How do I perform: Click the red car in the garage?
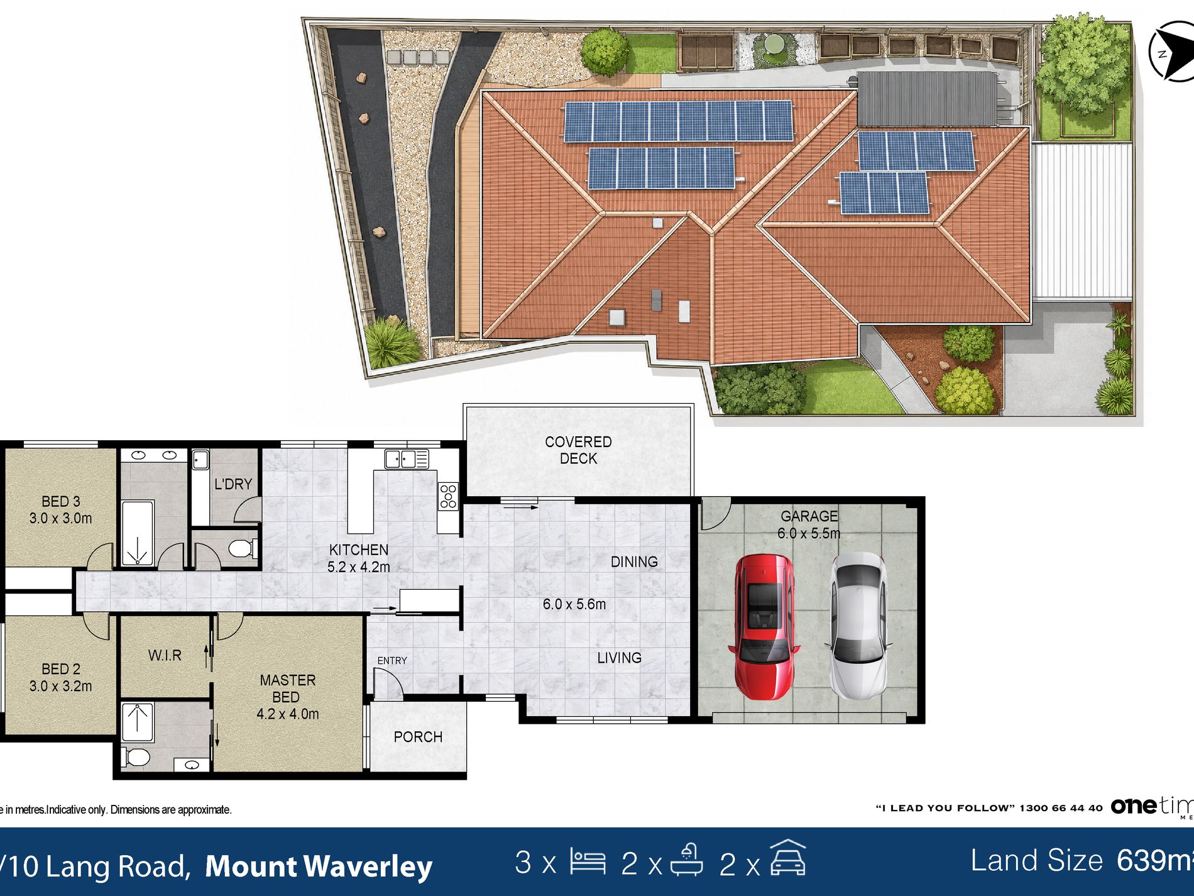pos(764,627)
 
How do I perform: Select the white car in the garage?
pos(859,627)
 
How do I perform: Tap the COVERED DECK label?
pos(578,450)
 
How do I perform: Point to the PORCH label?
pos(418,737)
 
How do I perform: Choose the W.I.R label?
pos(165,655)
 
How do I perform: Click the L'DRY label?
pos(233,484)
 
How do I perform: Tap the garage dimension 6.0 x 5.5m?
pos(809,534)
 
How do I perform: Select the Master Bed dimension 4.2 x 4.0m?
pos(288,714)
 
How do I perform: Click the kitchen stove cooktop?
pos(448,495)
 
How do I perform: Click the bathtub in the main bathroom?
pos(137,533)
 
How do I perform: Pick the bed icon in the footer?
pos(588,861)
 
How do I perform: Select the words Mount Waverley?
pos(319,866)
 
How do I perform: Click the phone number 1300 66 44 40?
pos(1061,808)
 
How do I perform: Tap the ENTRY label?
pos(392,661)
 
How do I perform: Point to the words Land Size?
pos(1037,861)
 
